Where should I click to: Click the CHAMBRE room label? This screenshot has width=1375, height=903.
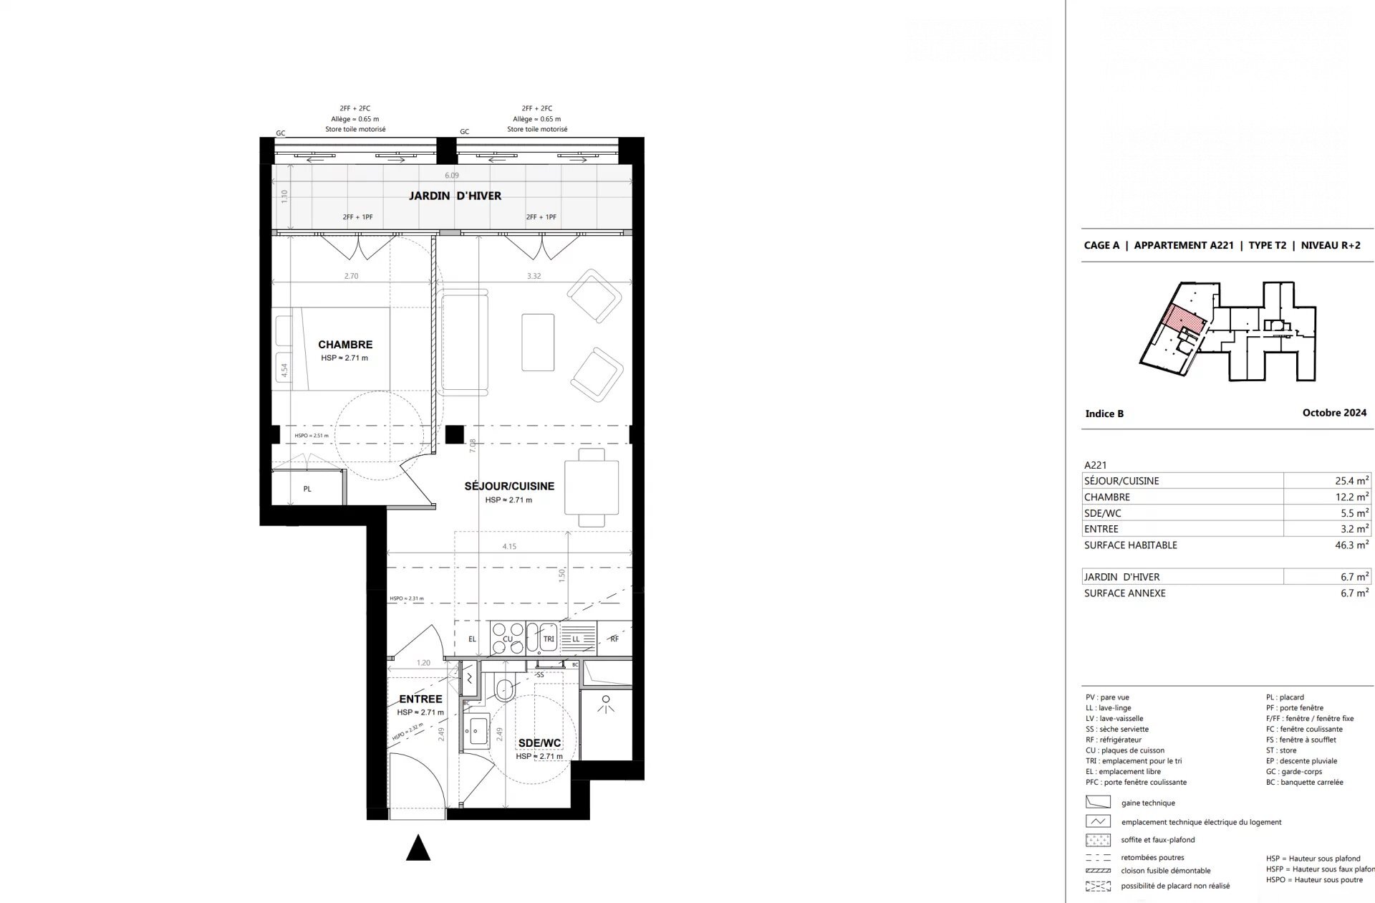(345, 345)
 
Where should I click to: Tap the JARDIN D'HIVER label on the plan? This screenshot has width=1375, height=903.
(455, 196)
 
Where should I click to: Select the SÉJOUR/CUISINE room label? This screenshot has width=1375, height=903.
(509, 486)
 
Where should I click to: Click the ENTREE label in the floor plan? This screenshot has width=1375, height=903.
(420, 699)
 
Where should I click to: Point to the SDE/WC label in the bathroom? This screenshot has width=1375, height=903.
(539, 743)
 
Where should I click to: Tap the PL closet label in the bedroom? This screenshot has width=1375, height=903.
(307, 489)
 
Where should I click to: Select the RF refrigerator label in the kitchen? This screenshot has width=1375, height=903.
(614, 639)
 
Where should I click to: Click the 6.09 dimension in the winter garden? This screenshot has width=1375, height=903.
(451, 175)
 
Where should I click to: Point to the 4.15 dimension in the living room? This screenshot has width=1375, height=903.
(509, 546)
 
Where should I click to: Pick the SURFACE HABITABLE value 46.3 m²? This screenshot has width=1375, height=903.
(1351, 545)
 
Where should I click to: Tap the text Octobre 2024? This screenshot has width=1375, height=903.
(1334, 413)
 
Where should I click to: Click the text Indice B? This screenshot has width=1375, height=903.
(1104, 414)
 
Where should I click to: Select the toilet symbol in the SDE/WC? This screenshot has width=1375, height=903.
(504, 689)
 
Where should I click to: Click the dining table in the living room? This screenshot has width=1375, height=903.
(591, 487)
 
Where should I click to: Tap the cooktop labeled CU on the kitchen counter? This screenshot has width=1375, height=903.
(508, 639)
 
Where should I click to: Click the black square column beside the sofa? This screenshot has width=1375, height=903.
(454, 434)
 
